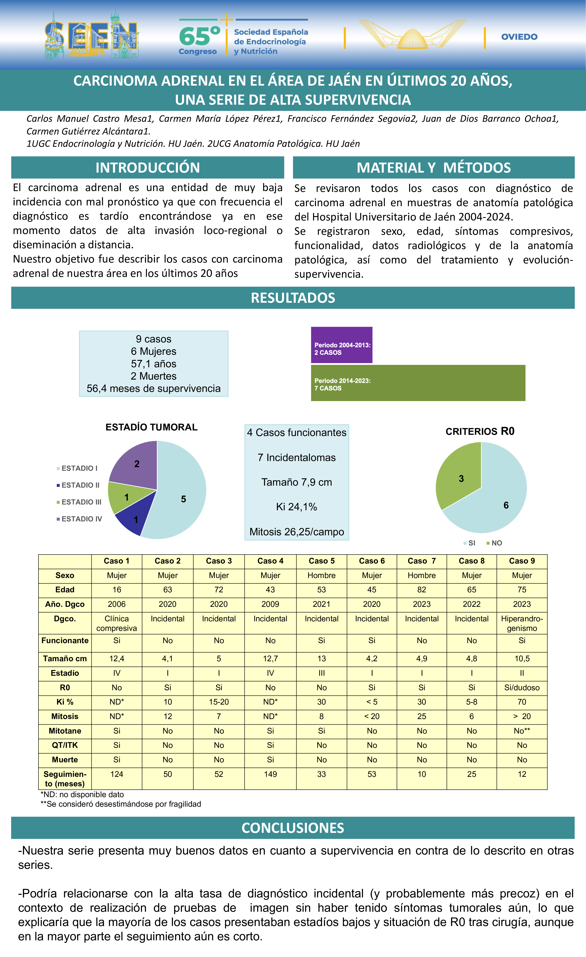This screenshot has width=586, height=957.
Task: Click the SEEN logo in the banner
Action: point(92,36)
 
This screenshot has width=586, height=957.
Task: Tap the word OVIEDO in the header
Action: point(519,37)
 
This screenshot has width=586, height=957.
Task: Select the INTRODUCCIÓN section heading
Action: point(148,167)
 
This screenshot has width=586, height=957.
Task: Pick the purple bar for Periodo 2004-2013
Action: point(342,345)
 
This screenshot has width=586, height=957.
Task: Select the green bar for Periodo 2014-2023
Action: point(418,383)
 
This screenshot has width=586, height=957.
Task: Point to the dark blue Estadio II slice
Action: point(132,518)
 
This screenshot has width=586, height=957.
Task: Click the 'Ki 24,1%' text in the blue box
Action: point(297,507)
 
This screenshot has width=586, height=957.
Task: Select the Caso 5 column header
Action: point(321,561)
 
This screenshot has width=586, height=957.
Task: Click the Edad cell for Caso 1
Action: point(116,590)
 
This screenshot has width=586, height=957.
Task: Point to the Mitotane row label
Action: point(65,731)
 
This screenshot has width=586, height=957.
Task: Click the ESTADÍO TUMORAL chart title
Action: point(151,427)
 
